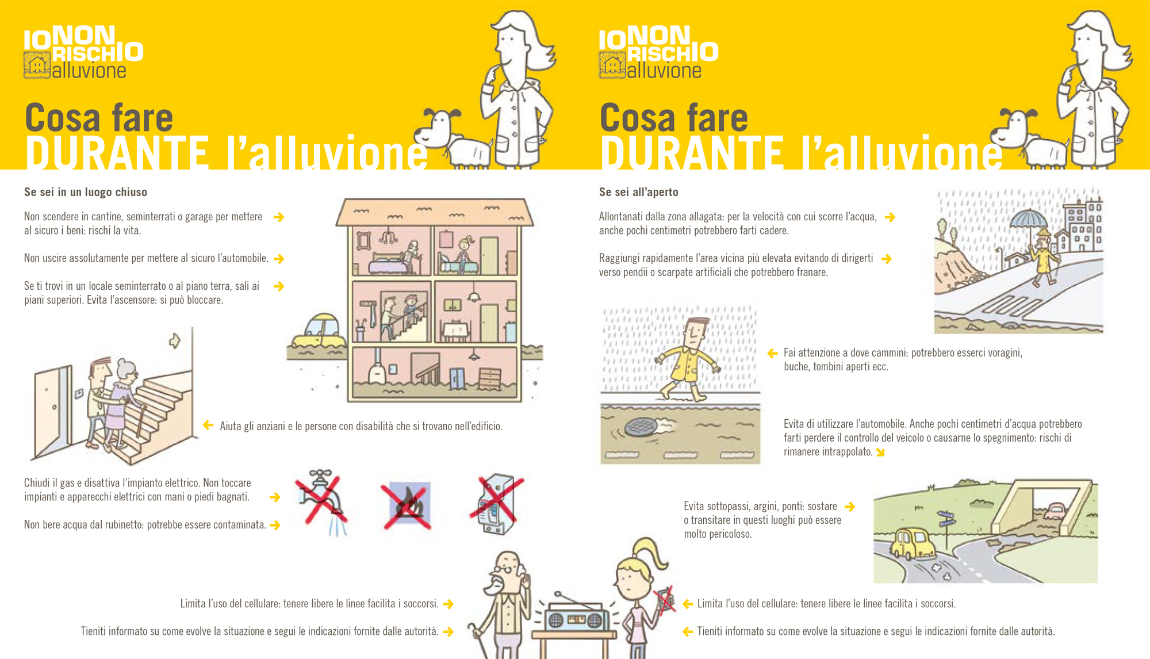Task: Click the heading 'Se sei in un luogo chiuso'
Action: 86,192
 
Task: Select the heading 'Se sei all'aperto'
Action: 639,192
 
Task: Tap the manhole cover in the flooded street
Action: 641,427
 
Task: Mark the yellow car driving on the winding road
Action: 913,542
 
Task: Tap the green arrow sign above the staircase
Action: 175,341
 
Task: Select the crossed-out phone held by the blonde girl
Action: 665,600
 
